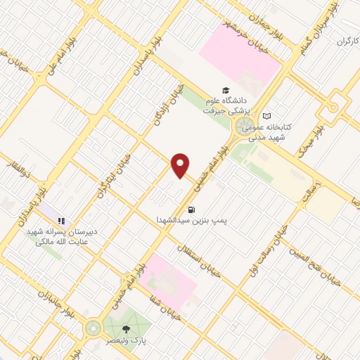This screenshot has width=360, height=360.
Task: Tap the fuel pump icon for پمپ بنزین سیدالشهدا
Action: (190, 210)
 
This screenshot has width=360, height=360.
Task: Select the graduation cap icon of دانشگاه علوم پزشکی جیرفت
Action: (226, 90)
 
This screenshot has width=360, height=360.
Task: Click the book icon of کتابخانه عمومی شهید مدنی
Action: (266, 116)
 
